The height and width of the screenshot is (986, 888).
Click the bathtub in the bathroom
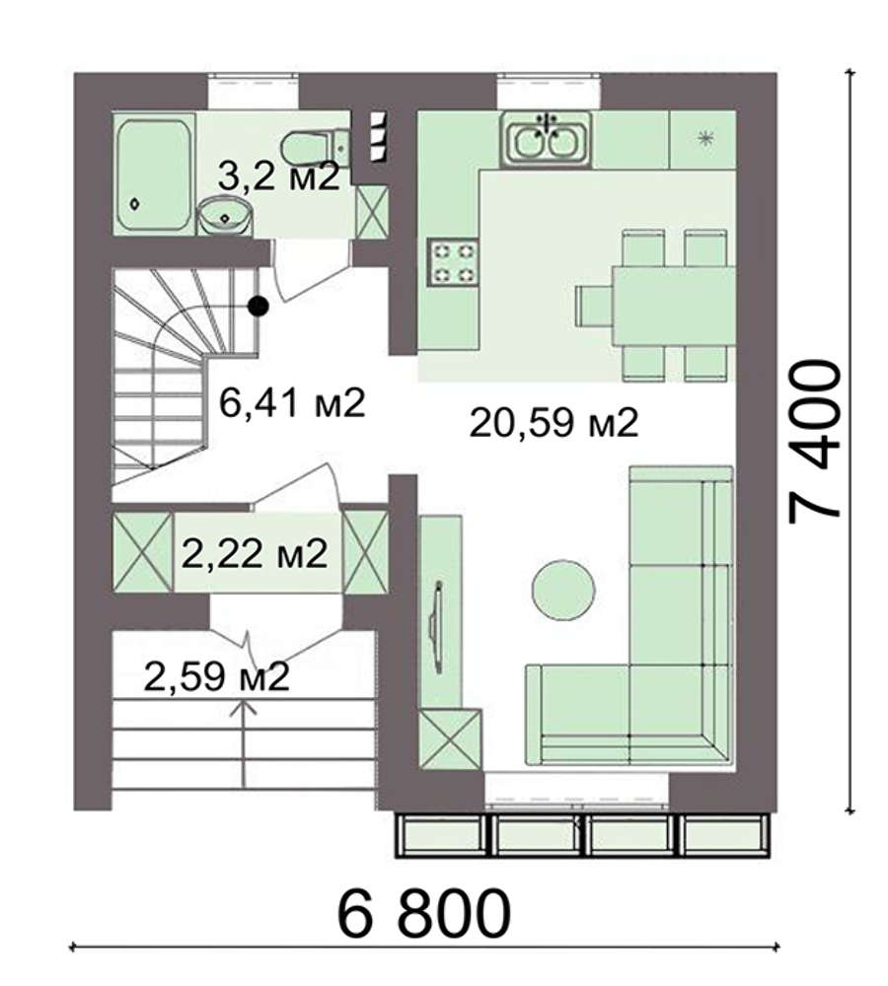154,176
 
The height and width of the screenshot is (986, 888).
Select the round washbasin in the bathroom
225,216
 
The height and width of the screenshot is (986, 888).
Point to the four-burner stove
453,261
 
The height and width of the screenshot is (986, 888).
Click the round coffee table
563,590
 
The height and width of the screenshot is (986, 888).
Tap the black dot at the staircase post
259,307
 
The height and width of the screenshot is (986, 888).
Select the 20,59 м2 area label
554,423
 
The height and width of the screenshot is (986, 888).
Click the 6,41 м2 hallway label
292,402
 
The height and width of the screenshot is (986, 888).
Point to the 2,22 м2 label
255,553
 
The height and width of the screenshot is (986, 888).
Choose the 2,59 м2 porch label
217,676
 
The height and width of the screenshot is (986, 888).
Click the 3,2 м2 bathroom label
279,176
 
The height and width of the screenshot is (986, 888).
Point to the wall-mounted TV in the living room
435,627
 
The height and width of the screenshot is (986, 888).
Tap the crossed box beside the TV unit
451,739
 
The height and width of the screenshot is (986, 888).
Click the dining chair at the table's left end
593,307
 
